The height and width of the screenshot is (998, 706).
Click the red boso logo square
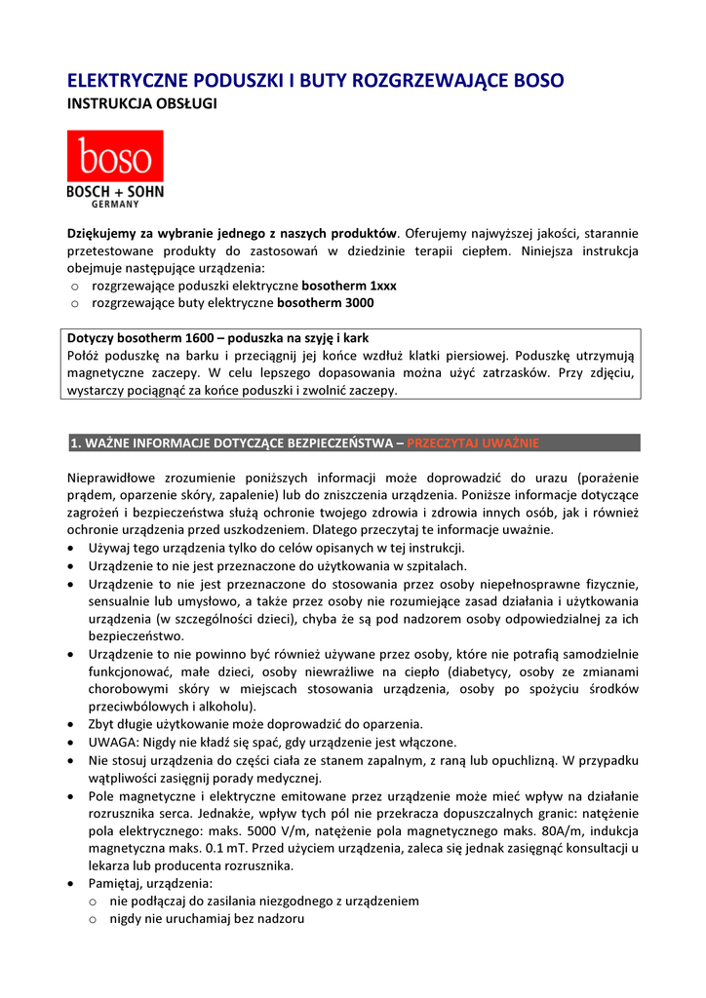(x=115, y=156)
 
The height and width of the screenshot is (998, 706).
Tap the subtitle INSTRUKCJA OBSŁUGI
(x=140, y=102)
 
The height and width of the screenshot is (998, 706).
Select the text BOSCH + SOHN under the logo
(x=115, y=192)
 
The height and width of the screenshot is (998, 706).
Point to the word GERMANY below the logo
(x=115, y=205)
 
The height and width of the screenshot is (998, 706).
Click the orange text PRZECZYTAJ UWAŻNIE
(x=472, y=443)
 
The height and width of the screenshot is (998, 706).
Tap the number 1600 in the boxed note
(x=185, y=338)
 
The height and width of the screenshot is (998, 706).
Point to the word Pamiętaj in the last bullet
(x=116, y=883)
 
